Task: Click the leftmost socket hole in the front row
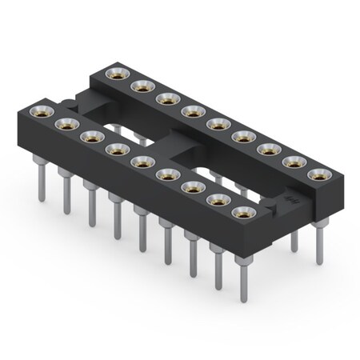tap(41, 109)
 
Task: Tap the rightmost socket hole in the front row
tap(242, 213)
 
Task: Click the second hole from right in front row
tap(217, 200)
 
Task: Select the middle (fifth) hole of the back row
tap(215, 123)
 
